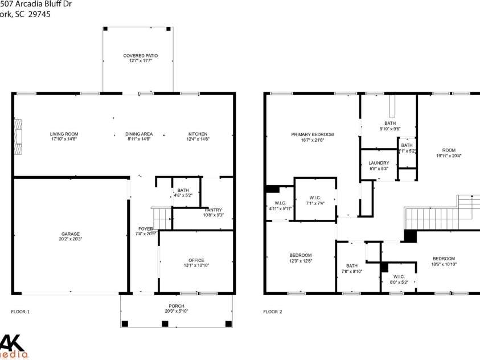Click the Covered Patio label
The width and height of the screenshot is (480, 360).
(140, 56)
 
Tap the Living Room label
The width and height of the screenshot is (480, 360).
(64, 134)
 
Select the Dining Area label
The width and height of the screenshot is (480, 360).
(139, 134)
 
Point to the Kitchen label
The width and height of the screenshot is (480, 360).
(198, 134)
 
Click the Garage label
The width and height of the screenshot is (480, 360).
(71, 234)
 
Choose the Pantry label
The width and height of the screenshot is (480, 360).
(213, 210)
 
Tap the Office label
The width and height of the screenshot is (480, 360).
(196, 260)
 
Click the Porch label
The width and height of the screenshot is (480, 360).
(176, 306)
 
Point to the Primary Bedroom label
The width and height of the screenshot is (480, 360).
(313, 134)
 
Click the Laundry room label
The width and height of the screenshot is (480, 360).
(379, 163)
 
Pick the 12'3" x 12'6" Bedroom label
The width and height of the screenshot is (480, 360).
(300, 255)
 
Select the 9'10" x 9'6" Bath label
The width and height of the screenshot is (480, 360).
(390, 123)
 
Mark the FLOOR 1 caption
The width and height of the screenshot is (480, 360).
(20, 312)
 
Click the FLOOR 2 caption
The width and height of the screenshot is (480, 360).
(272, 312)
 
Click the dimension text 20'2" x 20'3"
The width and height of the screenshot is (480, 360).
(71, 239)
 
